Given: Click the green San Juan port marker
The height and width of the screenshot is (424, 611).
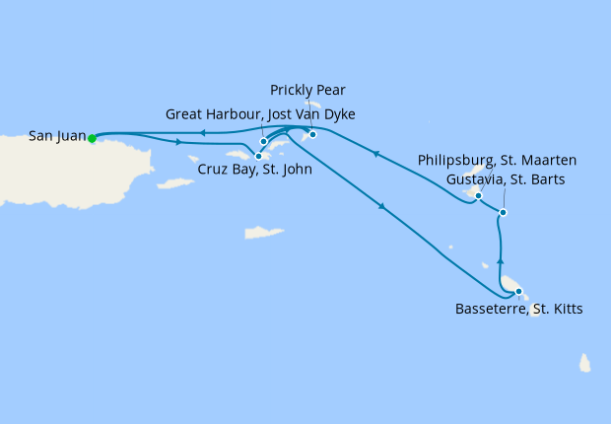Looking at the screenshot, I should [92, 138].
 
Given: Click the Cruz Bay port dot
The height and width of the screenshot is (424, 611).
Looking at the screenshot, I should [258, 155].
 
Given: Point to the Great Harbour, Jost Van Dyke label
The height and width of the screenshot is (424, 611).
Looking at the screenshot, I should [260, 114].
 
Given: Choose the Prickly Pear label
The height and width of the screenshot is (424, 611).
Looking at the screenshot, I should [308, 90].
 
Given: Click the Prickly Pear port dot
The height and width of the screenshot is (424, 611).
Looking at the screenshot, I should [312, 134].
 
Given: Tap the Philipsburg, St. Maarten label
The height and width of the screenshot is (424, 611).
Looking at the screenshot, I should [497, 160].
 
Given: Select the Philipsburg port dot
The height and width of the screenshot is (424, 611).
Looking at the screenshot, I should [478, 195].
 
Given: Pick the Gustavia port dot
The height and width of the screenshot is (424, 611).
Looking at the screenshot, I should [503, 212].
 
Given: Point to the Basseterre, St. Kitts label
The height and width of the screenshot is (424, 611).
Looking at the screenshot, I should [518, 310].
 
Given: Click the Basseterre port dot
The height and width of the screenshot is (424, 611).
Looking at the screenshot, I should [518, 291].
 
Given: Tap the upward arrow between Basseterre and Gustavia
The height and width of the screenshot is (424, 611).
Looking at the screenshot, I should [500, 260].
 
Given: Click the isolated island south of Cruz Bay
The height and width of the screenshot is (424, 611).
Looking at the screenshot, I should [262, 234].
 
